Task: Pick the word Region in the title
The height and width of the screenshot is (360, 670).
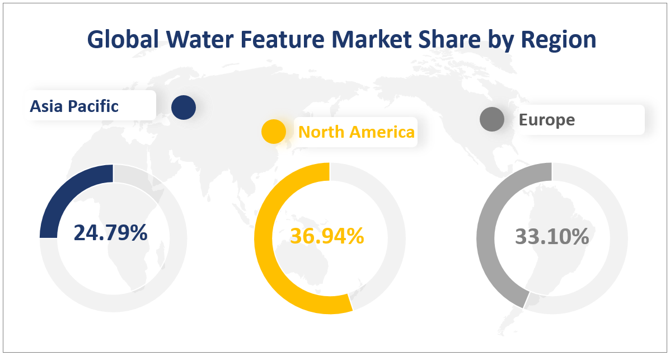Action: (560, 40)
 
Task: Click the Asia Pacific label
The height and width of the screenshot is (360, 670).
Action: (74, 106)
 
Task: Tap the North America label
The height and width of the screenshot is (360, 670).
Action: (356, 132)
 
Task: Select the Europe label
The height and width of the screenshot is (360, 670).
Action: (546, 120)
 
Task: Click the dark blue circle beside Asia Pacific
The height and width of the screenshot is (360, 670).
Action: (183, 107)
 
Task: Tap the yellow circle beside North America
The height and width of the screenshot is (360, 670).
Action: (274, 131)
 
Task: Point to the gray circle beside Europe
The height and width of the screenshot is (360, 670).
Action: (492, 119)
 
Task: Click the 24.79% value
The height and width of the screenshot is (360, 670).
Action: (110, 233)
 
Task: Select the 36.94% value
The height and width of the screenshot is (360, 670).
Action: (327, 236)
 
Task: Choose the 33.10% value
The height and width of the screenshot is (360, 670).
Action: (551, 237)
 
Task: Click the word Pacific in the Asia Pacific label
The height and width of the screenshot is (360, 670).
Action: (95, 106)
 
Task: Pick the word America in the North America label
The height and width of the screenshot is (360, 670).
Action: (383, 132)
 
